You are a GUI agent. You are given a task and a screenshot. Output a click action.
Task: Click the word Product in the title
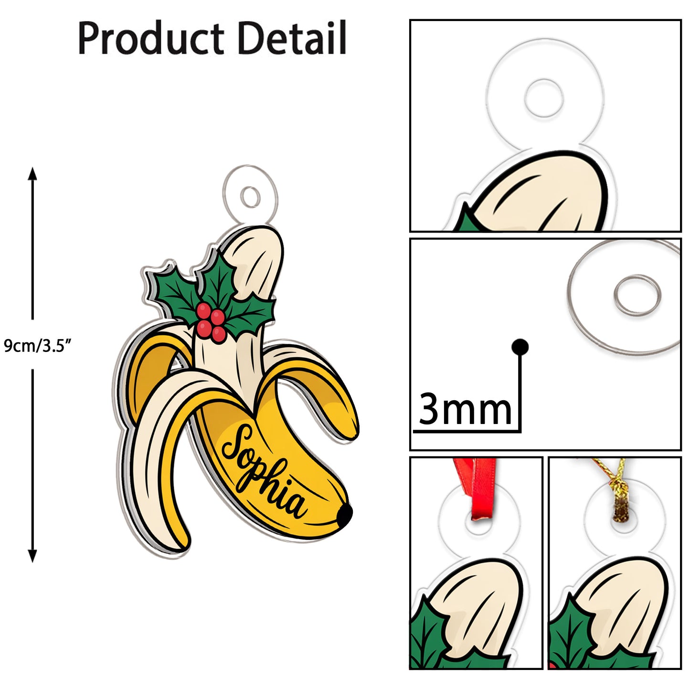point(151,38)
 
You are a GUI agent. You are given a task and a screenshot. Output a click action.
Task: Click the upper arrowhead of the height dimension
point(32,173)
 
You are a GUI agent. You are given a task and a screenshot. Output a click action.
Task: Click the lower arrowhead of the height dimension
point(32,556)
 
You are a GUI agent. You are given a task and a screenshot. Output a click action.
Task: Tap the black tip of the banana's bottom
point(345,515)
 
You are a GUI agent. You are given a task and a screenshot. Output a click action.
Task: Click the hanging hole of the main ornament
point(250,196)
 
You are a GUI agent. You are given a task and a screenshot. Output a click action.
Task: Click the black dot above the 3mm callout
point(520,347)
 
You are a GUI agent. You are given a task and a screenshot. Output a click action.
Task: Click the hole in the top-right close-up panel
point(544,98)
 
